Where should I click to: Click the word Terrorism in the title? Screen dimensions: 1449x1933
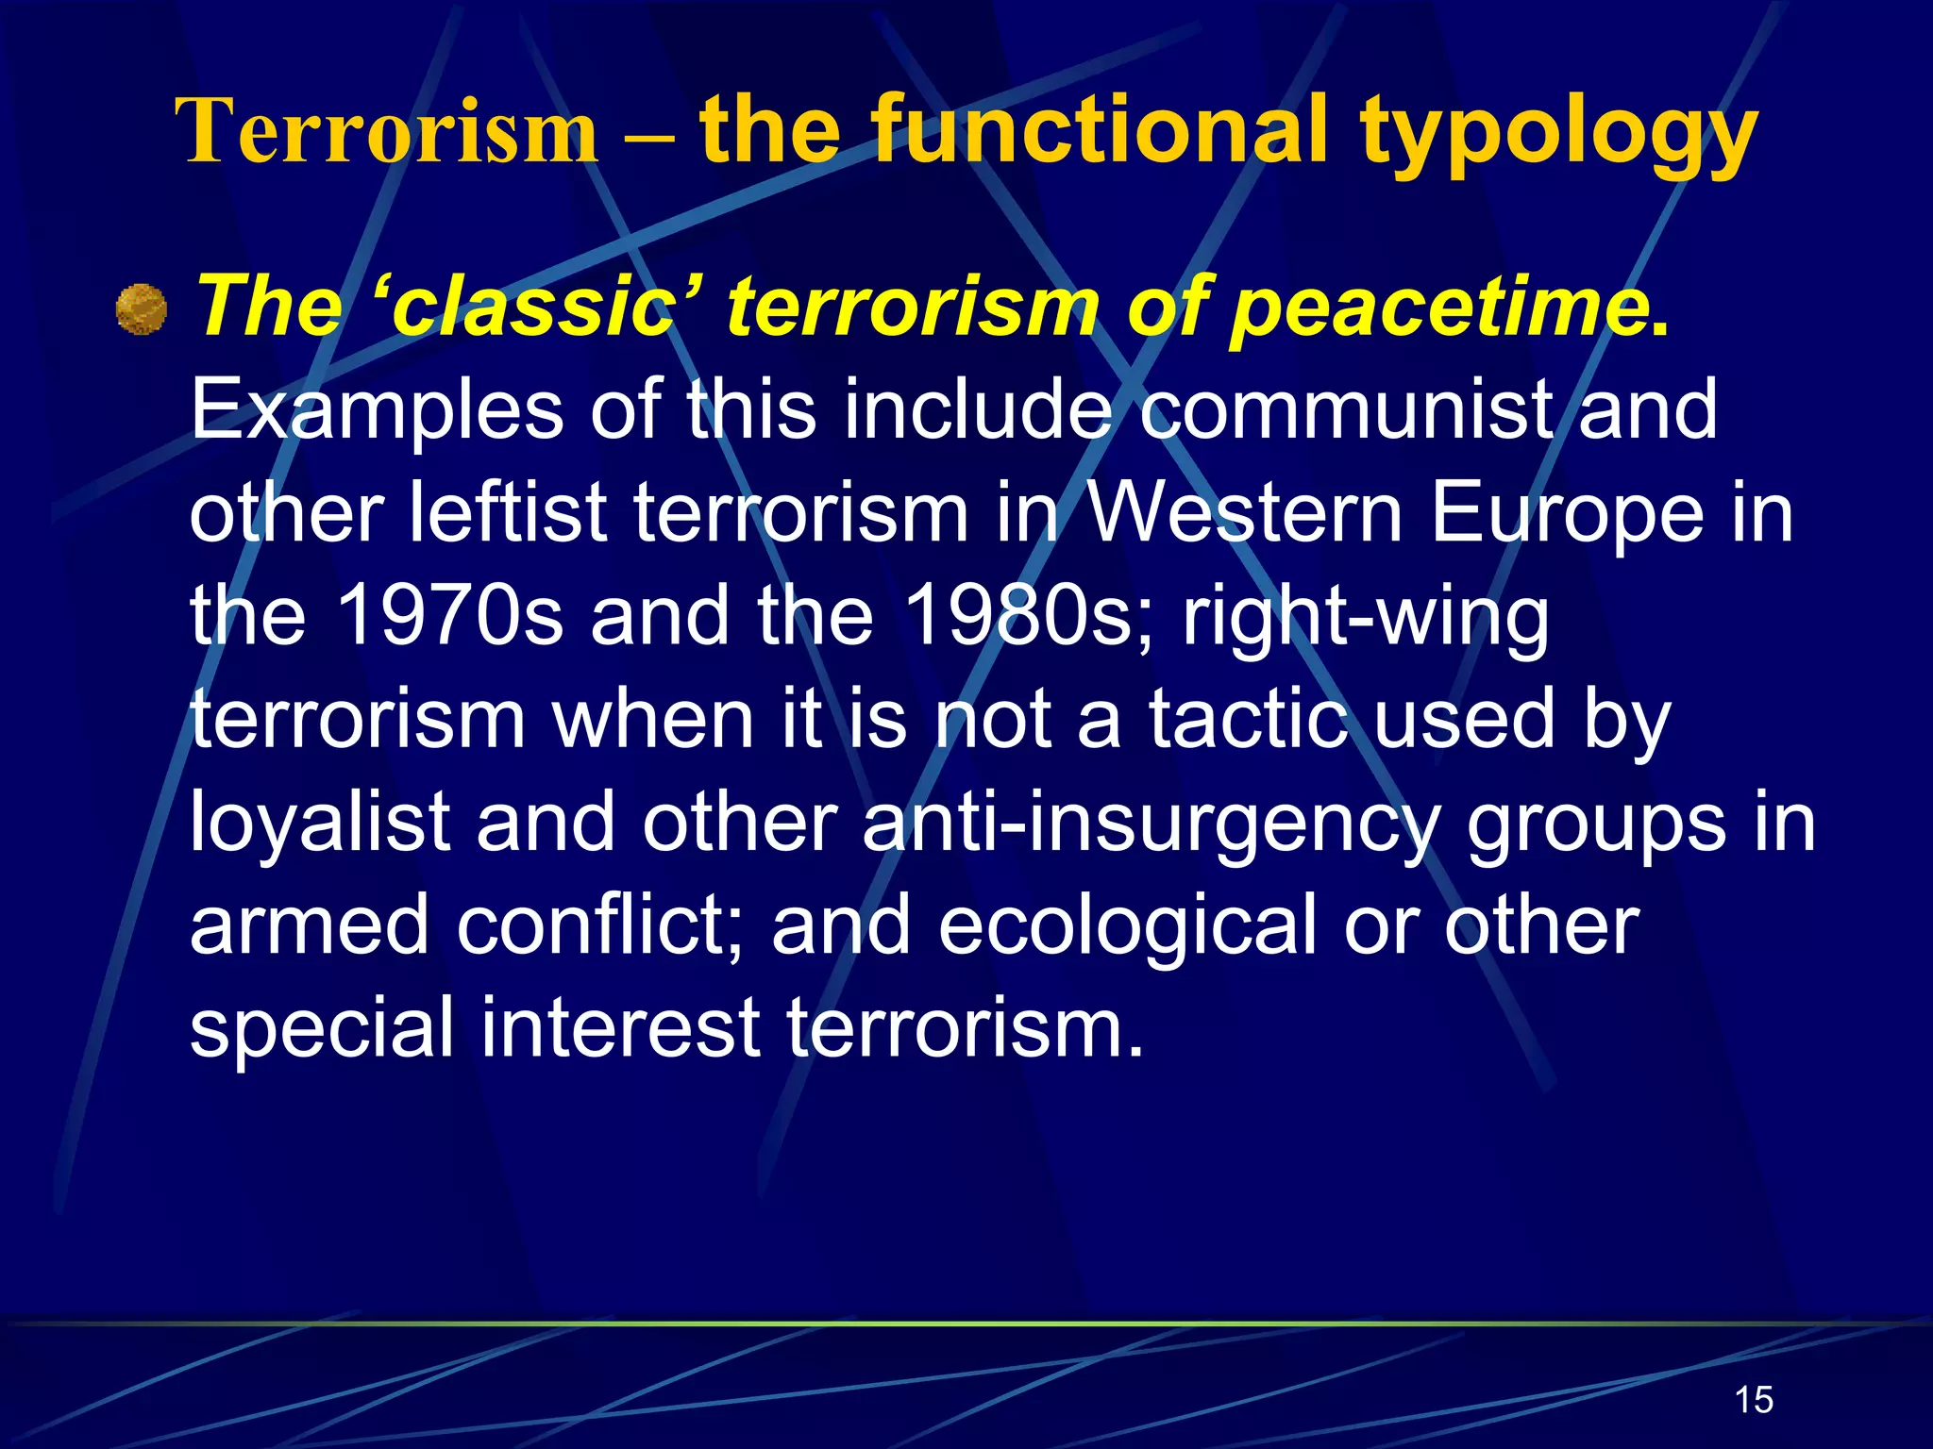pos(387,132)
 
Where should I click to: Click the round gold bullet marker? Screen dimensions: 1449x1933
pos(142,309)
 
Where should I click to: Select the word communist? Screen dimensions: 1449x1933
pos(1345,410)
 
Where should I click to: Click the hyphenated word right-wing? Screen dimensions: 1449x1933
pos(1366,618)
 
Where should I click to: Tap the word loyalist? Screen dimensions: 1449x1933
pos(319,823)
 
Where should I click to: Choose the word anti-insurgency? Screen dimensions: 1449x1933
pos(1150,823)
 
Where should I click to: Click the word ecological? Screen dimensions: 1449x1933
pos(1127,926)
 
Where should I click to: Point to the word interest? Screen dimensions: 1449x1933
pos(620,1028)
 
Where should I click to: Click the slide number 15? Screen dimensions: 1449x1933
pos(1754,1399)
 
